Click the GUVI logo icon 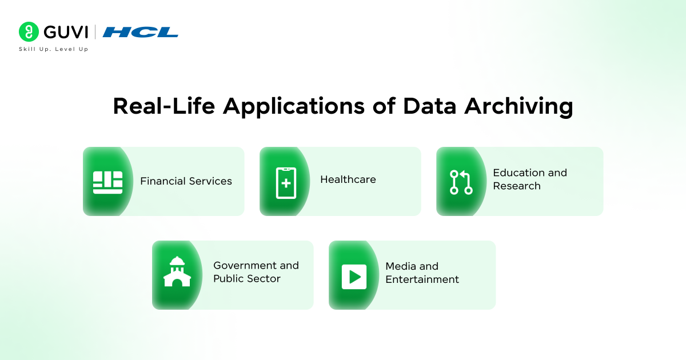tap(29, 32)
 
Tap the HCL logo tap(141, 32)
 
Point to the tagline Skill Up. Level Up tap(54, 49)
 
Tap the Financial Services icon tap(107, 182)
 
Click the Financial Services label tap(186, 181)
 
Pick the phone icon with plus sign tap(286, 182)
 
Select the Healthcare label tap(348, 179)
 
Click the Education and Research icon tap(461, 182)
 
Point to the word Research tap(517, 186)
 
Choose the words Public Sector tap(247, 279)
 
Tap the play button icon tap(354, 277)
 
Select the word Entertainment tap(422, 279)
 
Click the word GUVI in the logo tap(65, 32)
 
